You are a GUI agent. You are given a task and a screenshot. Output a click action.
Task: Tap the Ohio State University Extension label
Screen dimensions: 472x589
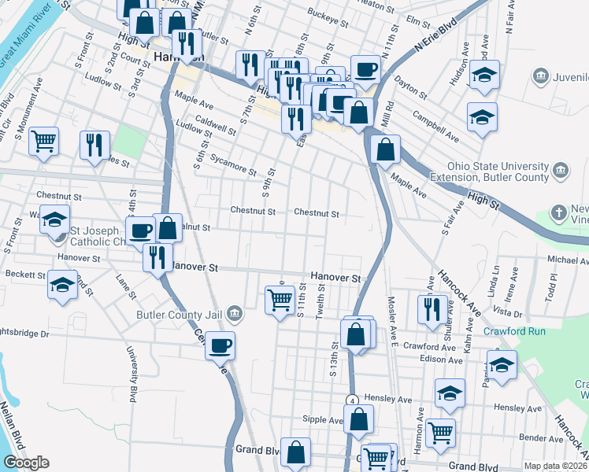(x=497, y=172)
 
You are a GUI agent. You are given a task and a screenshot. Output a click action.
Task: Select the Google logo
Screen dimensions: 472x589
(x=26, y=463)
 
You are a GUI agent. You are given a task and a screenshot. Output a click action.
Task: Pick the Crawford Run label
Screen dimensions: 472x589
(x=514, y=331)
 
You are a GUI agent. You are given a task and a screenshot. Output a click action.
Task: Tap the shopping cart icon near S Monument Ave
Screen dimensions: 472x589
(x=44, y=142)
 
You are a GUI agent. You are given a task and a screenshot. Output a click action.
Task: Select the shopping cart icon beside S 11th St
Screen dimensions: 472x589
(x=280, y=300)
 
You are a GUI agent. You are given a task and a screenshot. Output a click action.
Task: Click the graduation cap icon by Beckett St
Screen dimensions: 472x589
(x=62, y=285)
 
